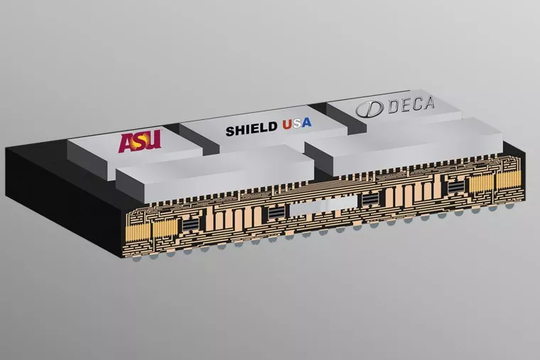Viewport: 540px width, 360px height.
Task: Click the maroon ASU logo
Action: click(x=140, y=140)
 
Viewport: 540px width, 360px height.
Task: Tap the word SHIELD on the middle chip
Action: click(x=252, y=131)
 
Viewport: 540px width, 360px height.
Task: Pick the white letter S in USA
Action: click(x=298, y=126)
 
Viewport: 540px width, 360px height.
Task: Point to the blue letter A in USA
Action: click(x=310, y=126)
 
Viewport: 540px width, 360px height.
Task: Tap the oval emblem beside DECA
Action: click(x=368, y=110)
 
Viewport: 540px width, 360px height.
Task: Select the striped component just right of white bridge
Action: click(x=370, y=200)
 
